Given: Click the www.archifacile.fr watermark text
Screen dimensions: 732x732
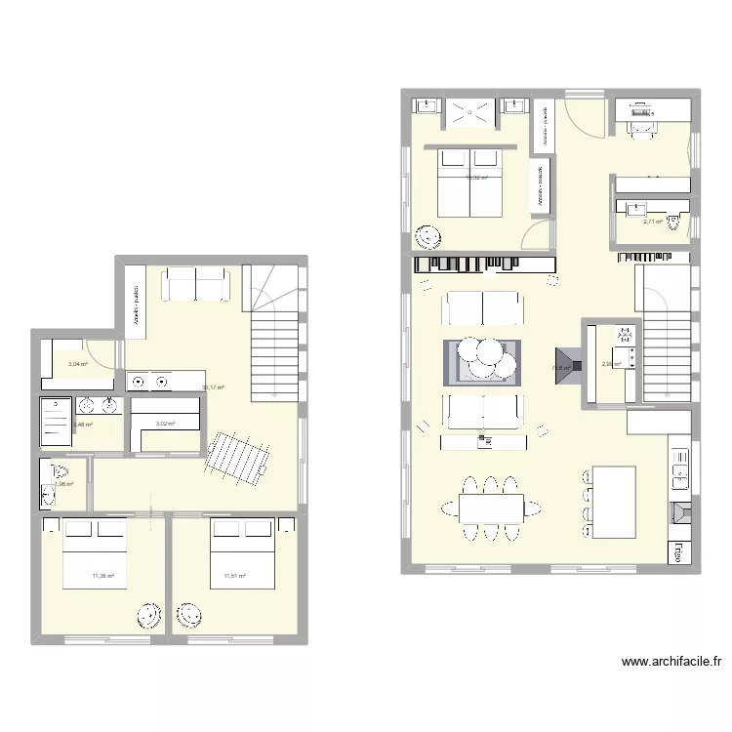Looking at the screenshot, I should point(671,661).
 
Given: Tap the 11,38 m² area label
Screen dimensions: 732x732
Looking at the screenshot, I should point(102,576).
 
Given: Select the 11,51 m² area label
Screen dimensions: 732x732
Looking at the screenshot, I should point(234,576).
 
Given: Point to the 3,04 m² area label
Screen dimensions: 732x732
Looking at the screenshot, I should point(77,364).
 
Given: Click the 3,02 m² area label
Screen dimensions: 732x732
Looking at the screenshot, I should point(164,424).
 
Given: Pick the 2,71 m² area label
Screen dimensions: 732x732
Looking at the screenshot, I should point(652,222).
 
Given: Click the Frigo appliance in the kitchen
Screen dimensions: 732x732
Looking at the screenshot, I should point(674,551).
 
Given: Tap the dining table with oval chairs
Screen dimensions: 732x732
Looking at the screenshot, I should point(483,507).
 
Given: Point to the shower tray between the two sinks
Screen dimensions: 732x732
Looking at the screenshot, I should point(469,113).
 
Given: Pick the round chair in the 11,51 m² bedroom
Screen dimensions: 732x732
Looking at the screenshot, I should point(187,615).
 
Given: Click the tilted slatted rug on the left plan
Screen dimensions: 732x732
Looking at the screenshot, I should point(238,459).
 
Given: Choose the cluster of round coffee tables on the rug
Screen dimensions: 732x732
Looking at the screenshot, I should point(484,356).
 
